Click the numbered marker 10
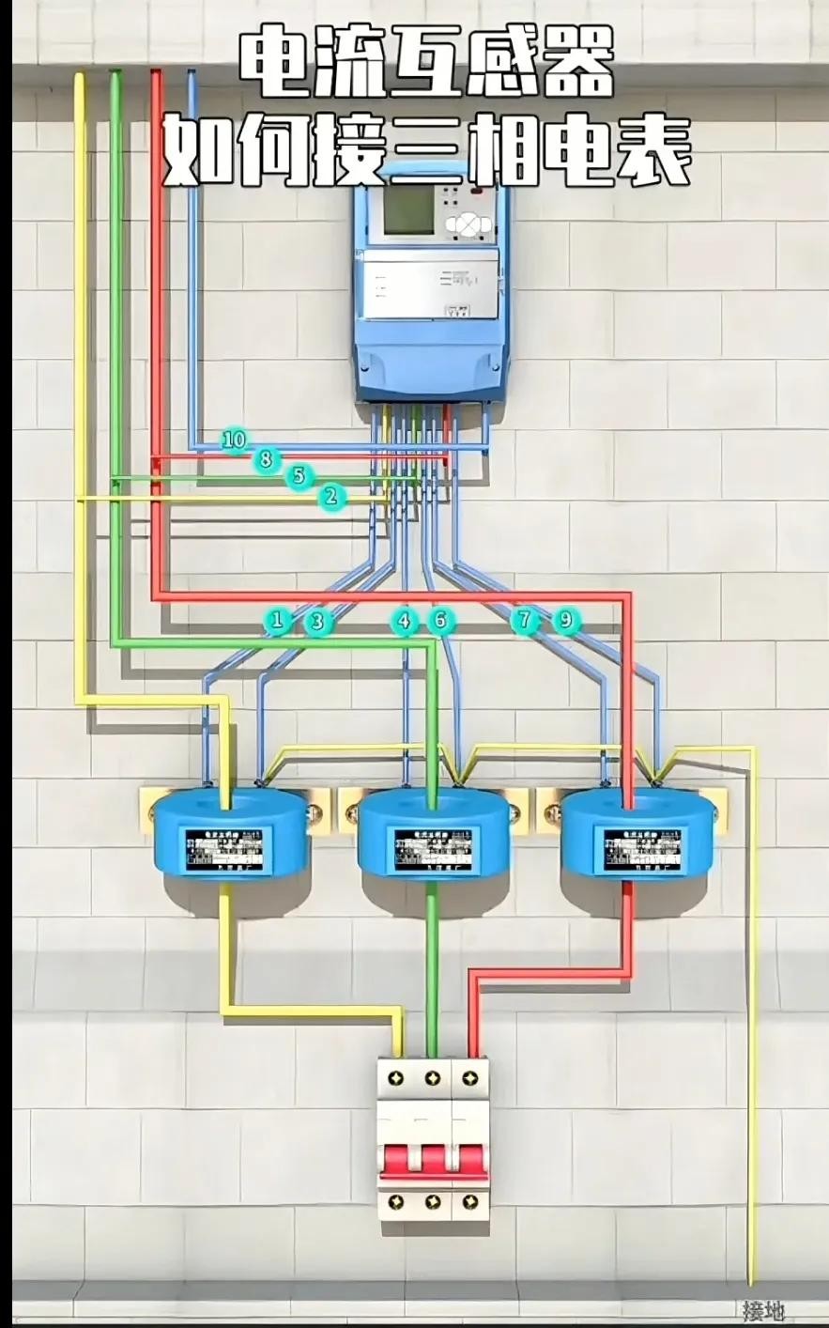point(235,440)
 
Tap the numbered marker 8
point(266,459)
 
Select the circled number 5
point(299,476)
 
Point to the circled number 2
point(330,496)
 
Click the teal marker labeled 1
point(276,620)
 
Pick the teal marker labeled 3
point(317,621)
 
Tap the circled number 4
point(404,621)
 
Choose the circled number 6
point(439,621)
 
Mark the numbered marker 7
point(525,620)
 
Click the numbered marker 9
point(565,620)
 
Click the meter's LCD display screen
point(409,209)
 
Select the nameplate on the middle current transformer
point(433,850)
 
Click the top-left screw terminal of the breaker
point(396,1076)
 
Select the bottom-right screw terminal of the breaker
point(469,1201)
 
